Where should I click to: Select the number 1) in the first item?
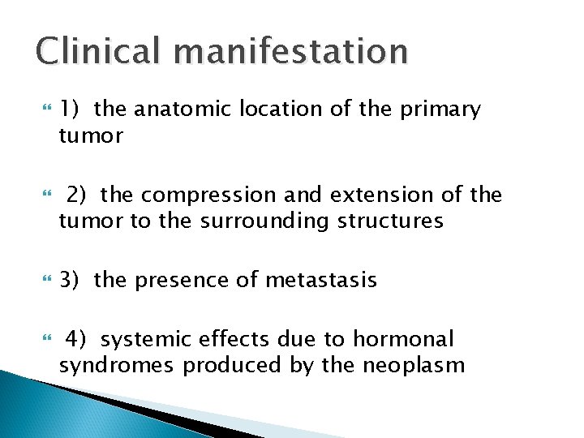[69, 109]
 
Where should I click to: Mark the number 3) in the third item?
[69, 280]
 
